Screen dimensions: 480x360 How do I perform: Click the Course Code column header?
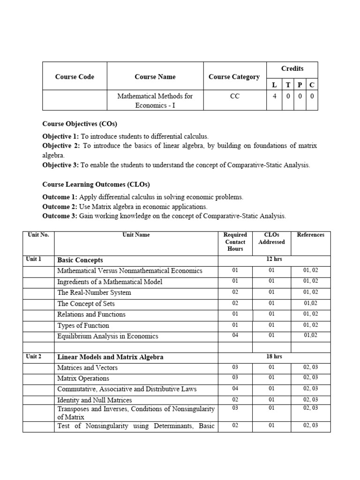(75, 77)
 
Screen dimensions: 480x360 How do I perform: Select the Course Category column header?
(234, 77)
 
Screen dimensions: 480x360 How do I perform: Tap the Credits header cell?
(292, 69)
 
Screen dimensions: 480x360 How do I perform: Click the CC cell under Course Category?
(234, 96)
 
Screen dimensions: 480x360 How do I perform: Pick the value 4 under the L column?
(274, 96)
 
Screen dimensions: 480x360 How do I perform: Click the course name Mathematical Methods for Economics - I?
(155, 100)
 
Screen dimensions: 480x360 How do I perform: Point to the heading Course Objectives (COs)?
(80, 124)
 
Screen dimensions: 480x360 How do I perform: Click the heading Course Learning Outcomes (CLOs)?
(96, 185)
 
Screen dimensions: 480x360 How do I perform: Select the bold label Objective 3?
(60, 165)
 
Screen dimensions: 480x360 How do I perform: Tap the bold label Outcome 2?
(60, 207)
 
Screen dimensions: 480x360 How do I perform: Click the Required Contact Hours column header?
(235, 242)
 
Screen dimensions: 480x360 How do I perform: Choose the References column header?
(310, 235)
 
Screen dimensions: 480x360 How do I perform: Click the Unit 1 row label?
(34, 259)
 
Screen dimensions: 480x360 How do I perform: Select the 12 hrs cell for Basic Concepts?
(274, 259)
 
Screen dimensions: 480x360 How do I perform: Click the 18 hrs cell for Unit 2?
(274, 357)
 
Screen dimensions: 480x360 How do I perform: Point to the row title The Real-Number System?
(94, 292)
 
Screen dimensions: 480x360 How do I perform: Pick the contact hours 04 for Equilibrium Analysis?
(235, 336)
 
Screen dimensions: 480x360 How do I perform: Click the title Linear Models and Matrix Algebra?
(110, 357)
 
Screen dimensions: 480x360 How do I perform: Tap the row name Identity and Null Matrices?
(94, 400)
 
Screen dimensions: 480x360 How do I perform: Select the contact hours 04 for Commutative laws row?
(235, 389)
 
